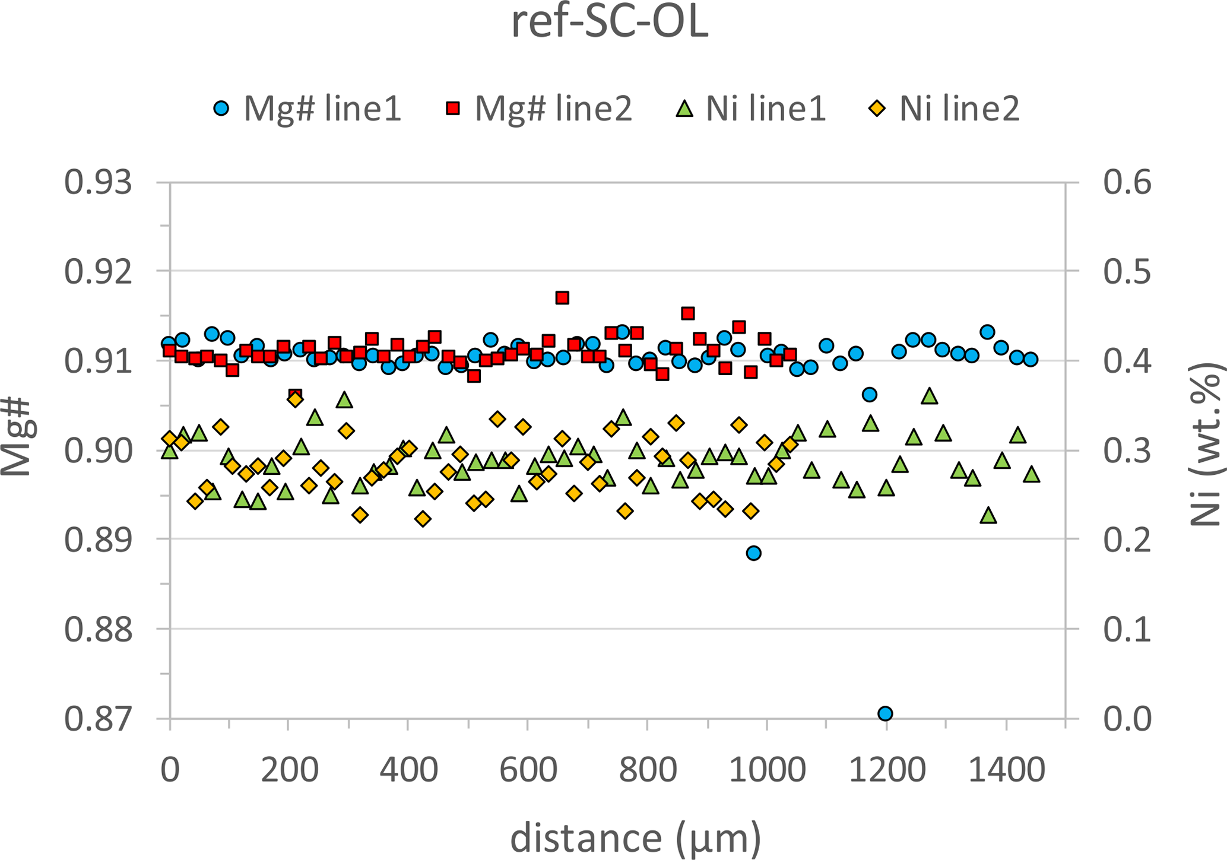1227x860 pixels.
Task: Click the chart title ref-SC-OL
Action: click(610, 24)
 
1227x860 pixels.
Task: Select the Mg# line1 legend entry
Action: click(307, 109)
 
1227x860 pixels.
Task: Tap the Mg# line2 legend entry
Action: click(539, 109)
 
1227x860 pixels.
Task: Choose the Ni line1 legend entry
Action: click(752, 109)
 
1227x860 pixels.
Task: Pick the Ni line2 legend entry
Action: click(945, 109)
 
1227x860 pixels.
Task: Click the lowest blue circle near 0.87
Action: click(885, 713)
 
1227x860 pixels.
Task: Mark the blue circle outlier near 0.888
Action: click(754, 553)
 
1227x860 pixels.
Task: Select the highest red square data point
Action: click(562, 298)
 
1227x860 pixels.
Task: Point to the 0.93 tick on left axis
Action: click(98, 182)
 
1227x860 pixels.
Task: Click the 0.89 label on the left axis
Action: click(98, 540)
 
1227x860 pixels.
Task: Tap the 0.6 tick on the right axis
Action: click(1127, 182)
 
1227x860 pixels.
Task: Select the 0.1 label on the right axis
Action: click(1127, 629)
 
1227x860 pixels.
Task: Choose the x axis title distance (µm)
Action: click(635, 838)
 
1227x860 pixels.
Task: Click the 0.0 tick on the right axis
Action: click(1127, 719)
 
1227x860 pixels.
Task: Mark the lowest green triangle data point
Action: click(988, 516)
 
